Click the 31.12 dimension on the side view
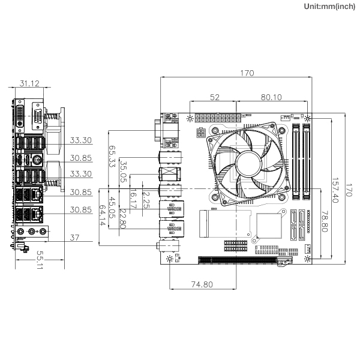29,84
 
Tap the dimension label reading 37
74,238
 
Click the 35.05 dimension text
123,172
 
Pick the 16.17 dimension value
133,199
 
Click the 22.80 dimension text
123,218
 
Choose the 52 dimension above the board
214,97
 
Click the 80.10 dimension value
272,97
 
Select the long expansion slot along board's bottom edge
240,260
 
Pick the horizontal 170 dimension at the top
247,73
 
